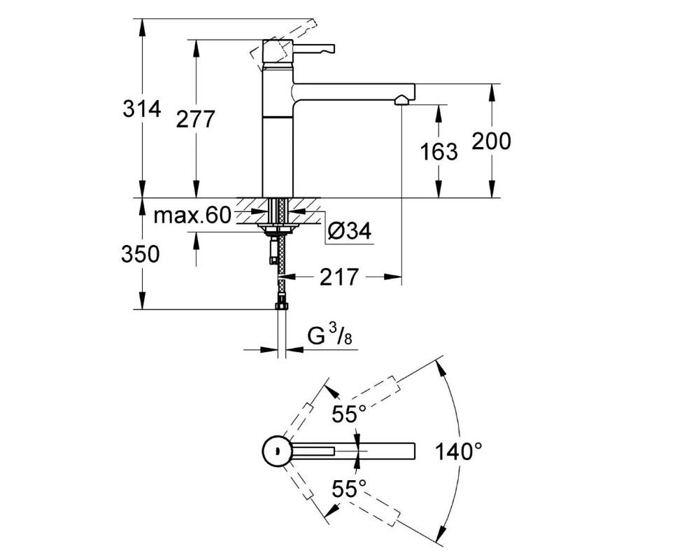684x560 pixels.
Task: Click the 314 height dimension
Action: (142, 108)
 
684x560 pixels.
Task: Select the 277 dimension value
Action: (195, 119)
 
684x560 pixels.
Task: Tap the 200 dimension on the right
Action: (491, 141)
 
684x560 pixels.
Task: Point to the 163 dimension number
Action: (439, 151)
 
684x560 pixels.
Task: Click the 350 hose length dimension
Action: (141, 255)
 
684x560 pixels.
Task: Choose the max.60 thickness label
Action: (192, 215)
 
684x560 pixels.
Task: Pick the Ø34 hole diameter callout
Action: (350, 230)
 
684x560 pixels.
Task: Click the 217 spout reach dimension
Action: (339, 276)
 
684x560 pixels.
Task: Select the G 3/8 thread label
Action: (330, 335)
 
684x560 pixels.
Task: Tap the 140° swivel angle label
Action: (459, 451)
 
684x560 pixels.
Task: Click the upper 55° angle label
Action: (348, 414)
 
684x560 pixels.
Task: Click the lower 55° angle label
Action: (348, 489)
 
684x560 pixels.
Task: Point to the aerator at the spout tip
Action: (401, 101)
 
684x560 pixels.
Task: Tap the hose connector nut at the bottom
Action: (282, 305)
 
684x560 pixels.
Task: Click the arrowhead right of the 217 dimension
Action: (392, 276)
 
